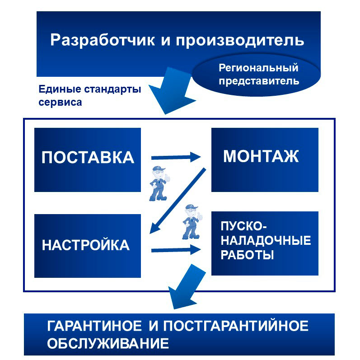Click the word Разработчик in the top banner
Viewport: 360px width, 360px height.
tap(103, 40)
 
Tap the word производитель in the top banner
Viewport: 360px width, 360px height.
tap(240, 40)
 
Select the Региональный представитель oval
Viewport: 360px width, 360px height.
tap(256, 75)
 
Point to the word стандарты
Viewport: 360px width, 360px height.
tap(112, 89)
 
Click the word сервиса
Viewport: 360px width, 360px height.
tap(60, 103)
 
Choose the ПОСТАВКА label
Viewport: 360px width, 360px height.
tap(88, 158)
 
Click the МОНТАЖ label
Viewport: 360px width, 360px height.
tap(261, 156)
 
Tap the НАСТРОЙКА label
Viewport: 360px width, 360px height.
tap(86, 245)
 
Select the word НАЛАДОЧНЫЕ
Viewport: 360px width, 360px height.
tap(266, 241)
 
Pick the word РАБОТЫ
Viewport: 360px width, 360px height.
tap(247, 255)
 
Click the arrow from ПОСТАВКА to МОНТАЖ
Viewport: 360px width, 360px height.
tap(176, 157)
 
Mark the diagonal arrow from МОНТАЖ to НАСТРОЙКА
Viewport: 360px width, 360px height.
tap(178, 201)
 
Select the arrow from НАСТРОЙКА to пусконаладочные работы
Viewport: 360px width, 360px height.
tap(176, 250)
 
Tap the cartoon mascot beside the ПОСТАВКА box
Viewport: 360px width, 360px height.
tap(159, 183)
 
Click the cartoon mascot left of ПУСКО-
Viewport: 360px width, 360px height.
tap(192, 222)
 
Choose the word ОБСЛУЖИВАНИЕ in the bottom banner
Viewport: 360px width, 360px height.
tap(108, 344)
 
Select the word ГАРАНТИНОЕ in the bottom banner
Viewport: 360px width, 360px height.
tap(94, 326)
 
